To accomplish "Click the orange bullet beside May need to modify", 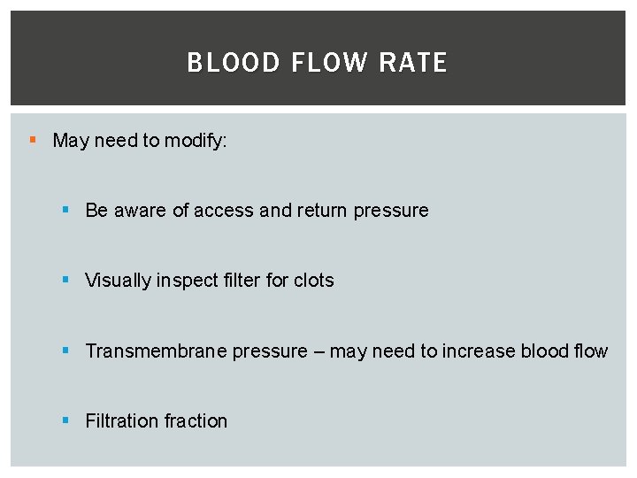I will (x=33, y=140).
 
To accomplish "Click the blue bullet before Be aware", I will (x=65, y=210).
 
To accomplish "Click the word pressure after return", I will (x=391, y=212).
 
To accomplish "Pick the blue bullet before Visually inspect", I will (x=65, y=280).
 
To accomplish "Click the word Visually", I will (x=119, y=281).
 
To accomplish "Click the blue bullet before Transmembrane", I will (x=65, y=351).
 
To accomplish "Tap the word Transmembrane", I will (x=156, y=351).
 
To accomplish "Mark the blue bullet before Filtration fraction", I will (x=65, y=420).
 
